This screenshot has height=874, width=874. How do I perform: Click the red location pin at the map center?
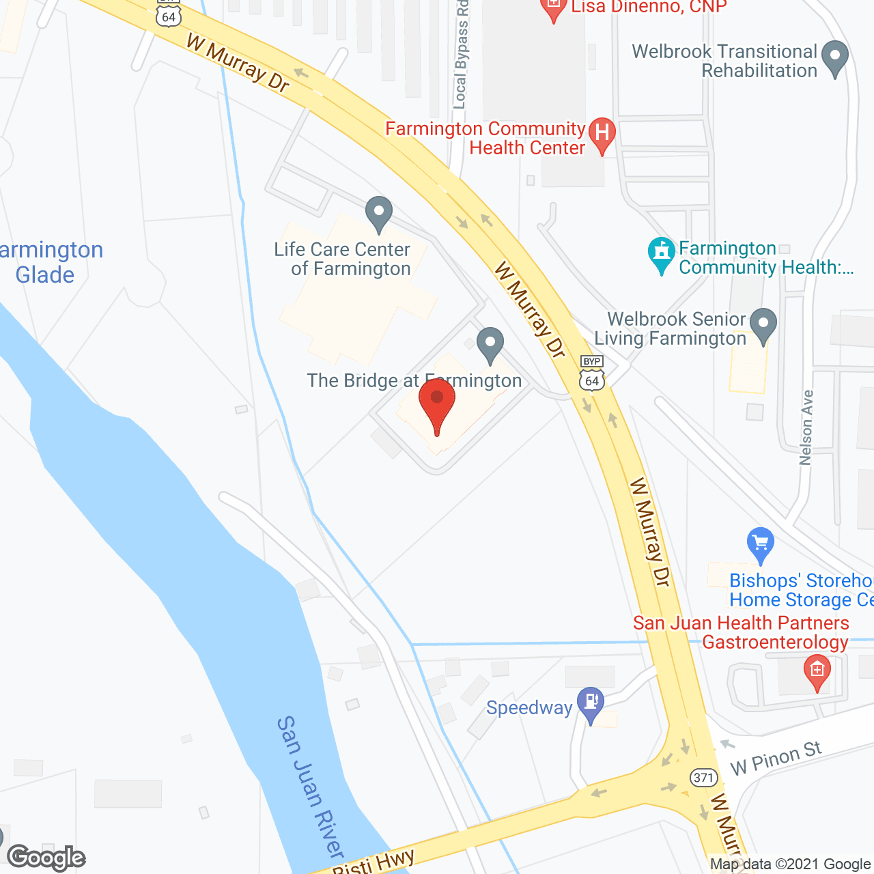437,403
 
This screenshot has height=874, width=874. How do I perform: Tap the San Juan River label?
311,785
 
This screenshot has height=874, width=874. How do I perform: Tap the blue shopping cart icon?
760,545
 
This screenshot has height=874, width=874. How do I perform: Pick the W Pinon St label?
776,758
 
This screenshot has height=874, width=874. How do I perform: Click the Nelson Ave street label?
807,427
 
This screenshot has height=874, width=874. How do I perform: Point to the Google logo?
46,858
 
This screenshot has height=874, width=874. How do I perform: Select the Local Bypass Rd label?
462,55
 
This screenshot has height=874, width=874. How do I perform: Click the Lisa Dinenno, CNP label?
649,7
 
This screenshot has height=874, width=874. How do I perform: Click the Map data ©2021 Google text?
791,864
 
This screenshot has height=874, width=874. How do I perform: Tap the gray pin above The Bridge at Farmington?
490,344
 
